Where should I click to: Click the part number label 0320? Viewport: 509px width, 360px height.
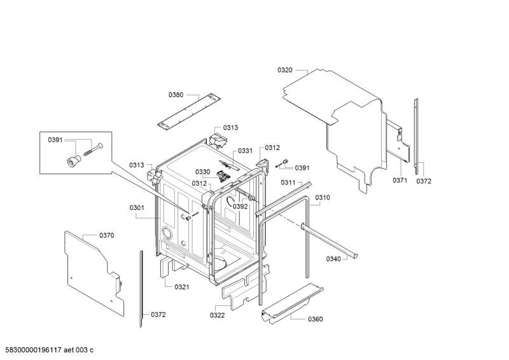point(285,70)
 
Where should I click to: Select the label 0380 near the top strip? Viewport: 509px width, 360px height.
point(176,95)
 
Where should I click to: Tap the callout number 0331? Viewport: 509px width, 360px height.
point(245,151)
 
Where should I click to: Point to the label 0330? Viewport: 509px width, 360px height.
point(202,172)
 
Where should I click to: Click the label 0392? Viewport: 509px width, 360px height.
point(240,207)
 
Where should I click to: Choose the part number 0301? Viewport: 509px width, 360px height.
point(137,207)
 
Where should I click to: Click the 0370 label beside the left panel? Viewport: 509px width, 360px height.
point(107,235)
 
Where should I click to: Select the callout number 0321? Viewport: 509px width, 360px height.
point(181,287)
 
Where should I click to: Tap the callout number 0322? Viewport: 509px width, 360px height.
point(218,315)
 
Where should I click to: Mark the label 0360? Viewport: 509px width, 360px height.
point(315,319)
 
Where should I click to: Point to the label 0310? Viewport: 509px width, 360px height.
point(323,198)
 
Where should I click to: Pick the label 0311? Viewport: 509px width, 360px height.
point(288,183)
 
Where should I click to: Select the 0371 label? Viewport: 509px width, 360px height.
point(400,181)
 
